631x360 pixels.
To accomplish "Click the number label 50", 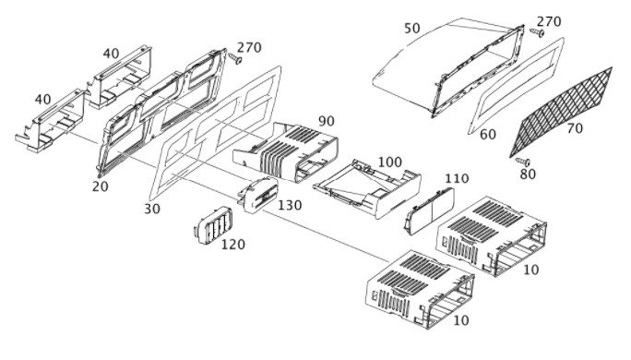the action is tap(412, 29).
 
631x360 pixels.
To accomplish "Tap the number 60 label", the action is tap(488, 135).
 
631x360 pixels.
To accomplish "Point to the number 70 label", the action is tap(575, 128).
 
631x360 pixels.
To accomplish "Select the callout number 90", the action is tap(327, 121).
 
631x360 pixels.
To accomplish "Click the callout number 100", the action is tap(389, 162).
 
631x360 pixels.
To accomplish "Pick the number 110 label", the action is tap(457, 178).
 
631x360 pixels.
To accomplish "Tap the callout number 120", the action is tap(233, 244).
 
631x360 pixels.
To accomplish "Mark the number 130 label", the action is tap(290, 205).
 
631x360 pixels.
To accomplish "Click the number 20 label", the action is tap(100, 186).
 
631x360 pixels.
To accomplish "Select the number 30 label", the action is tap(151, 209).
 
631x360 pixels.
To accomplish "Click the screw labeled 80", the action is tap(523, 162).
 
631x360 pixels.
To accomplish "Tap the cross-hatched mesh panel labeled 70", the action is tap(561, 112).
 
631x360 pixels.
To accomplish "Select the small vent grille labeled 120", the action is tap(213, 225).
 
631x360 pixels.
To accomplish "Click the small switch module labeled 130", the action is tap(257, 195).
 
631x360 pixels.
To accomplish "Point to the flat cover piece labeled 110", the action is tap(429, 210).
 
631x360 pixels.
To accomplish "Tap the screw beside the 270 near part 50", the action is tap(537, 32).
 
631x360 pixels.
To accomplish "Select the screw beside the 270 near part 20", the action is tap(234, 58).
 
